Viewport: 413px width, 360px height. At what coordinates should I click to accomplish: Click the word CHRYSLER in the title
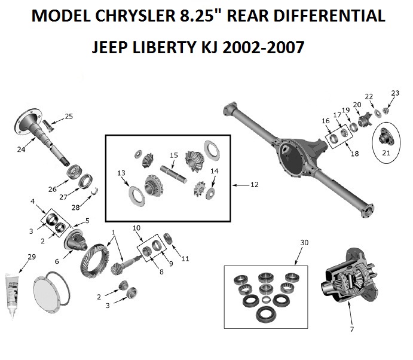[x=135, y=16]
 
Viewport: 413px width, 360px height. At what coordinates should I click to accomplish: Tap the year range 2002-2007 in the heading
[x=263, y=47]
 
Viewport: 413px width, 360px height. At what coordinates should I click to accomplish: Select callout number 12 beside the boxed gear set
[x=254, y=185]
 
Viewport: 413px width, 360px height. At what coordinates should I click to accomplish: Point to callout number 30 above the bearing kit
[x=304, y=242]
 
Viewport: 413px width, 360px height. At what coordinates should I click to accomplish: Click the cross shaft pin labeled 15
[x=173, y=173]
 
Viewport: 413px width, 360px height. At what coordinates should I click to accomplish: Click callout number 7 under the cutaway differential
[x=352, y=329]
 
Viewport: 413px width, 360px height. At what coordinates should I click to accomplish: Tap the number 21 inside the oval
[x=386, y=153]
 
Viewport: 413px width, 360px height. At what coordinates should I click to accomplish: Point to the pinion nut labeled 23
[x=386, y=111]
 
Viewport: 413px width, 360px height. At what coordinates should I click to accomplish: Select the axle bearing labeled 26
[x=74, y=172]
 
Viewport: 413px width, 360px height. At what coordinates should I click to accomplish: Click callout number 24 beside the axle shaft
[x=21, y=150]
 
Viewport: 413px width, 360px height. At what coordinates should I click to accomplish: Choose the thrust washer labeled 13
[x=136, y=196]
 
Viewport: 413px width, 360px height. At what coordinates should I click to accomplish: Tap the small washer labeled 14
[x=210, y=194]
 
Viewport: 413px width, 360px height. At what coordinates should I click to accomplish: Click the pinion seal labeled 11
[x=168, y=239]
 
